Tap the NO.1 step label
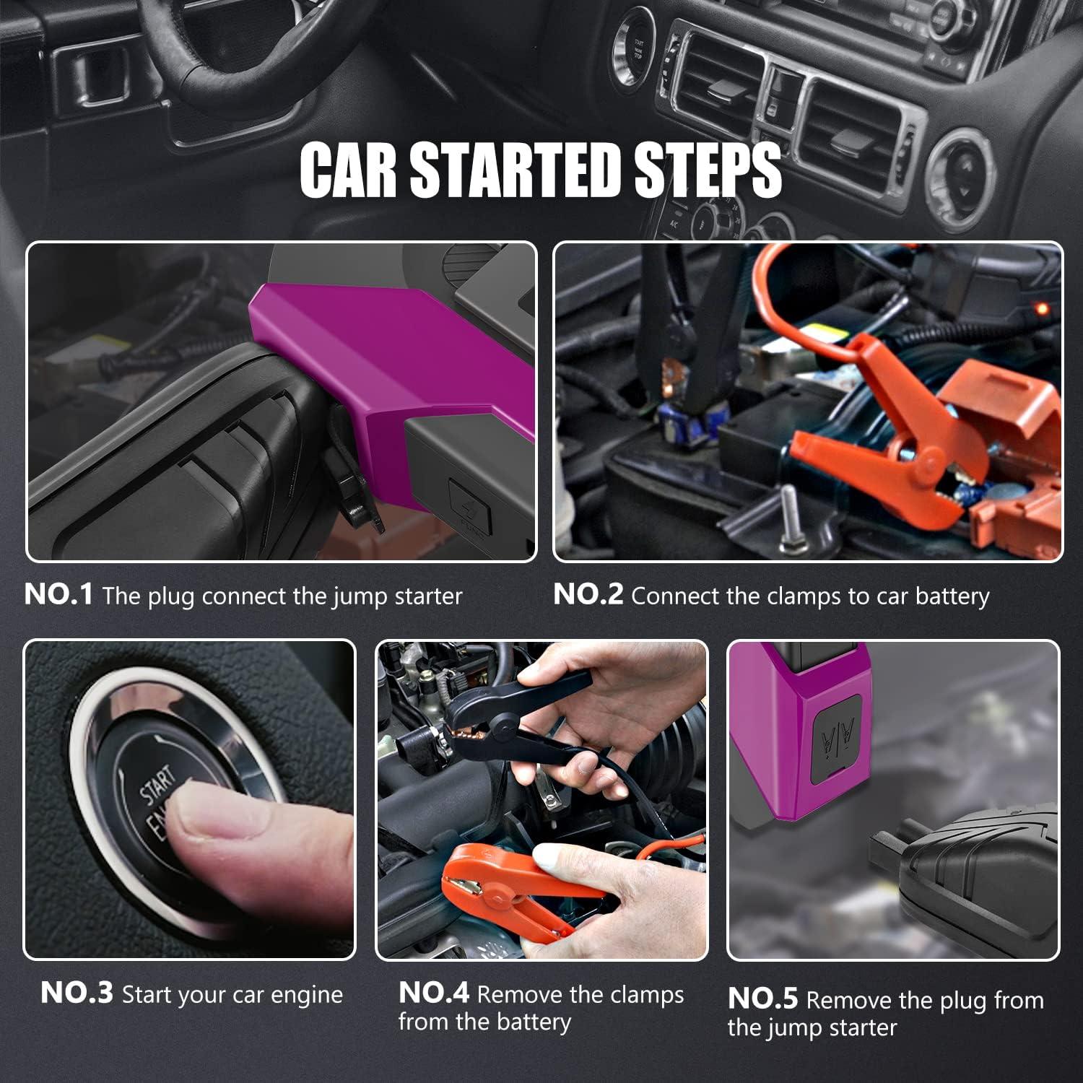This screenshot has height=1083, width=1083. click(x=58, y=595)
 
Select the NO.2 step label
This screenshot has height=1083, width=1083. click(x=588, y=595)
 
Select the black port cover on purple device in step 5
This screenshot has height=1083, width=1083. click(x=839, y=738)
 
